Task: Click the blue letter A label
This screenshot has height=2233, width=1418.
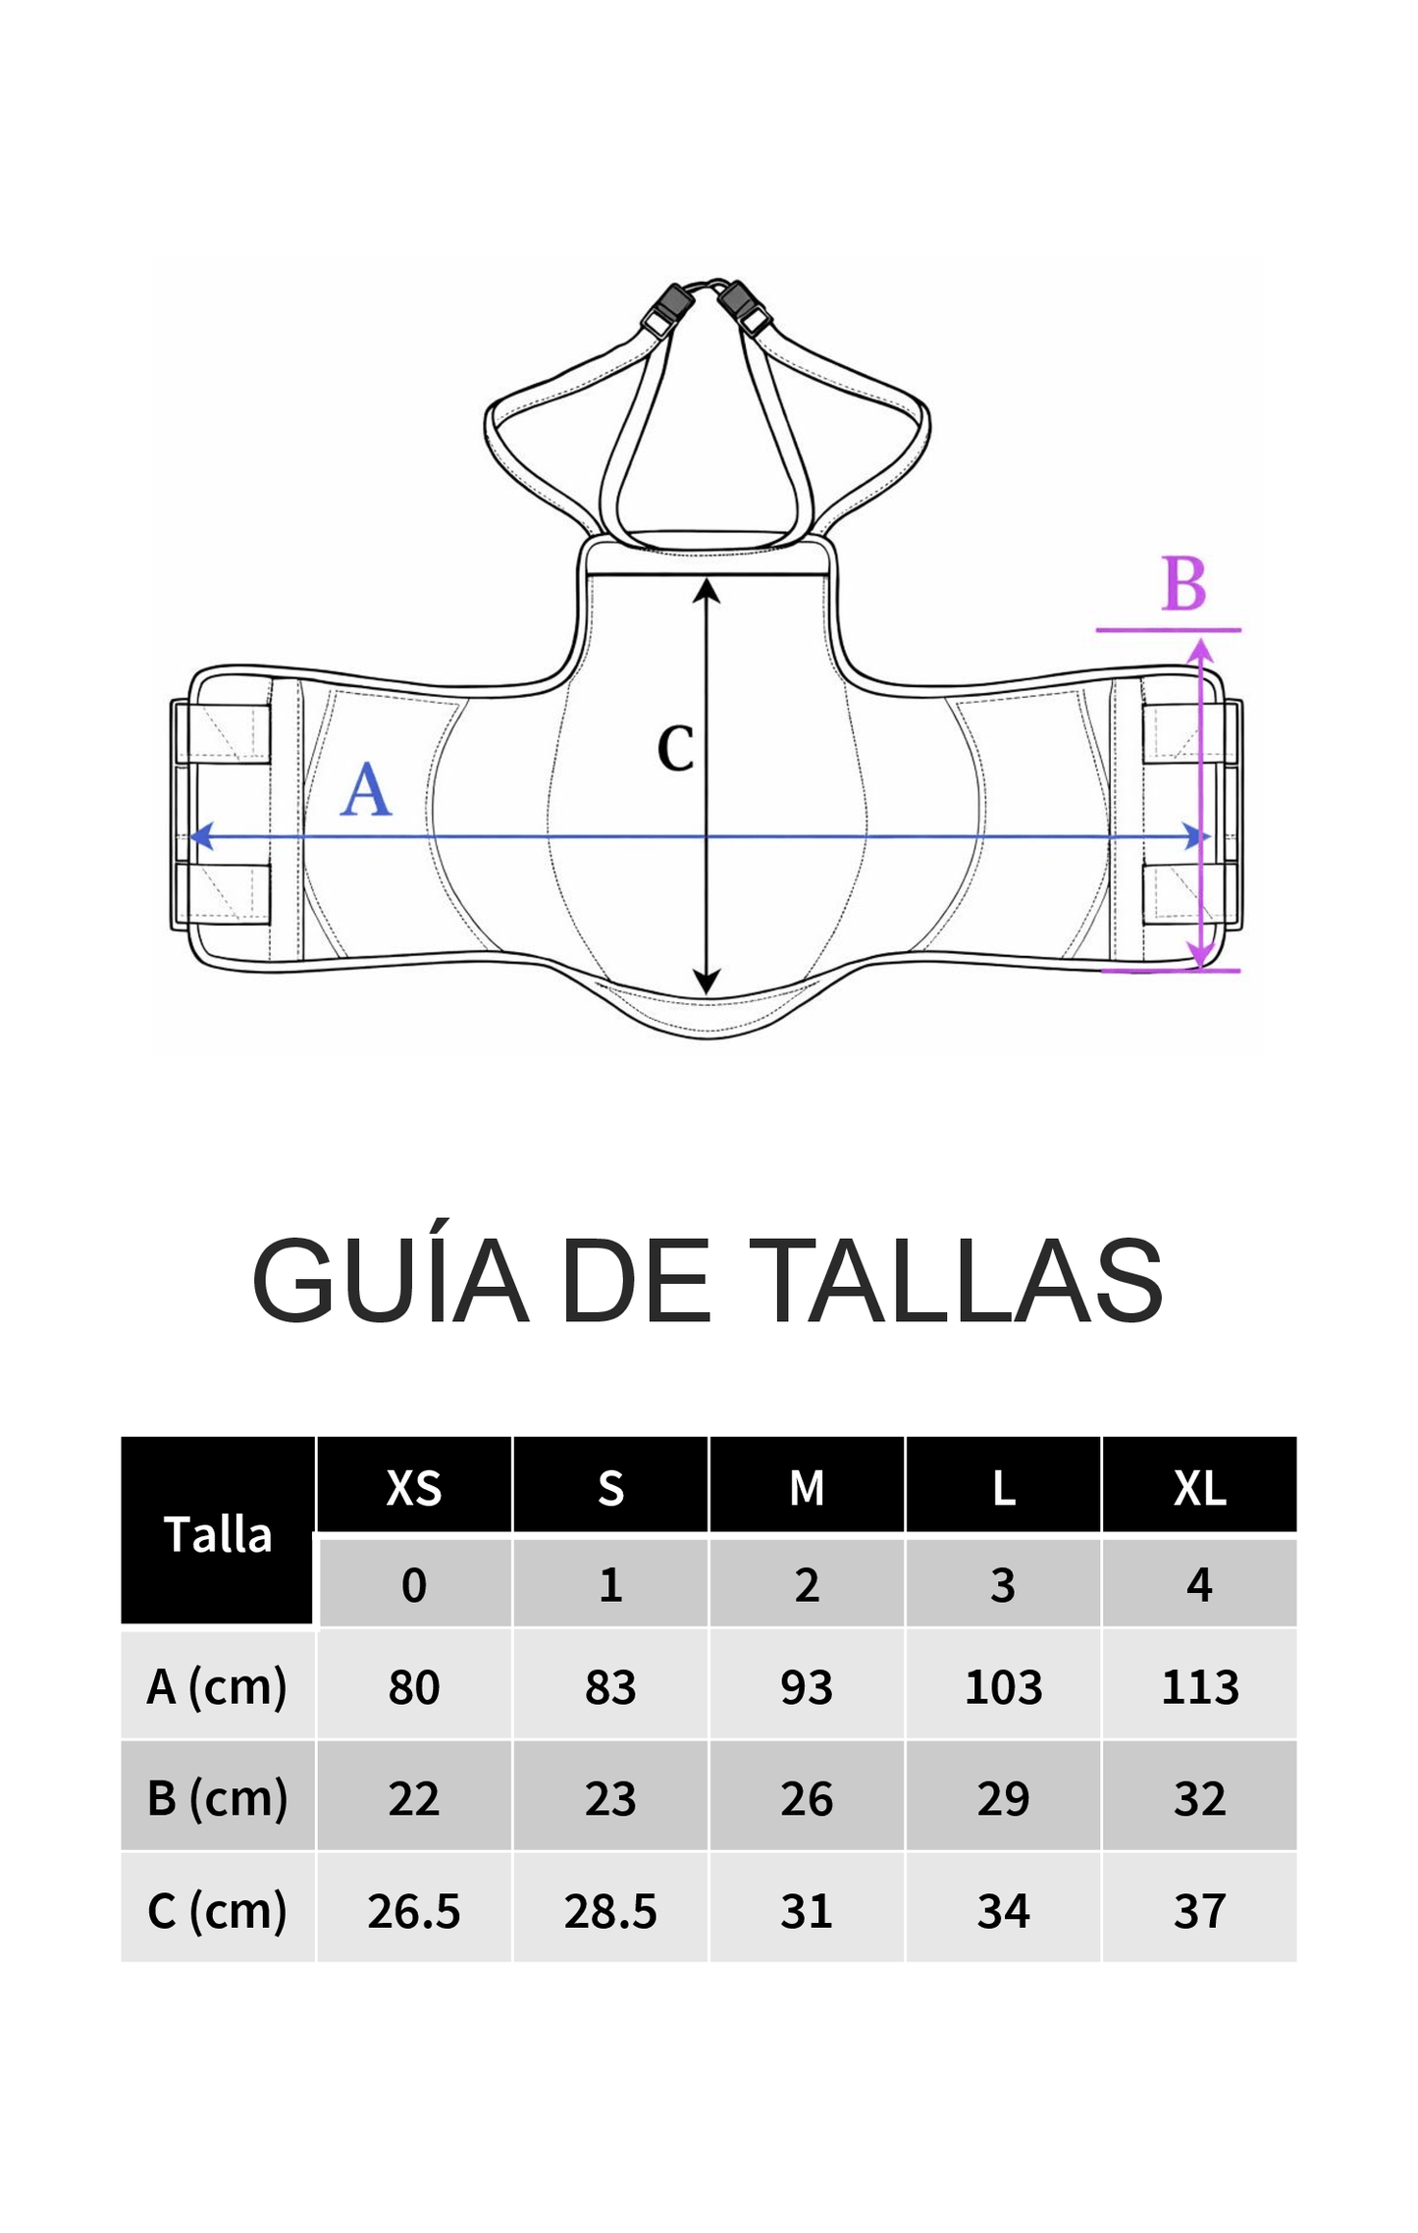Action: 366,790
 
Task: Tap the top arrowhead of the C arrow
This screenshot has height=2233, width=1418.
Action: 707,590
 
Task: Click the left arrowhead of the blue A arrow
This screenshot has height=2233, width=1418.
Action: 200,836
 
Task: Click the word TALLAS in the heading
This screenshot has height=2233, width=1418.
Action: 961,1281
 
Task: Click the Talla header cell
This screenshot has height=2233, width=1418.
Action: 218,1533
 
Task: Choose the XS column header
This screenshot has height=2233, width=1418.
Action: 414,1488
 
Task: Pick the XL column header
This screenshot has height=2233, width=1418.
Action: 1199,1488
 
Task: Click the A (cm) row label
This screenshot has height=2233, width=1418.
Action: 218,1686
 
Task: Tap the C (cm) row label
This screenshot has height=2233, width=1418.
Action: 218,1910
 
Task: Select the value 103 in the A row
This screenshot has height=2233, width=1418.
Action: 1003,1687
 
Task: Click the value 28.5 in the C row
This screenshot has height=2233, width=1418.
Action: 610,1911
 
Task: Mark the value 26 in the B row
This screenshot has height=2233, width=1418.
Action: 807,1799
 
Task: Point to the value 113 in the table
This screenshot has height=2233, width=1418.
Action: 1199,1687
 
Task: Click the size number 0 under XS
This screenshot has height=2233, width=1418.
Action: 414,1584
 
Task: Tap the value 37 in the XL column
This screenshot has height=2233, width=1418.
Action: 1199,1911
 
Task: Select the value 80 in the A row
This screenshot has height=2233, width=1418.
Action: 414,1687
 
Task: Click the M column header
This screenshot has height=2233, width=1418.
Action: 807,1488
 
